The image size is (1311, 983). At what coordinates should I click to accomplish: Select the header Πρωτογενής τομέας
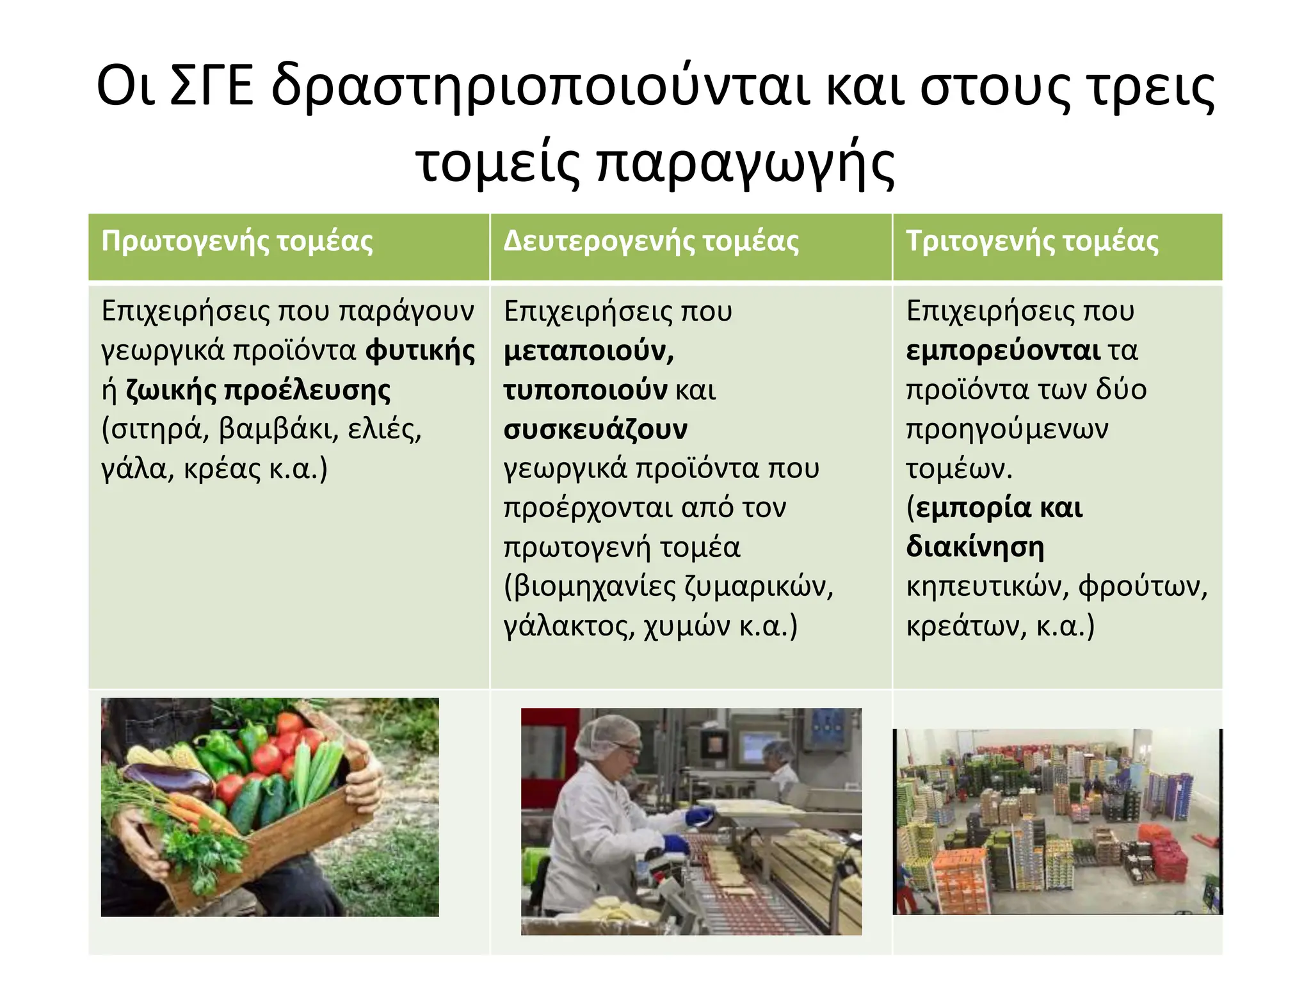point(237,242)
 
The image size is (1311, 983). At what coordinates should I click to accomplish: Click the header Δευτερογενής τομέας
point(651,242)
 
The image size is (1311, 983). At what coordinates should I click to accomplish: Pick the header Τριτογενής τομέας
point(1032,242)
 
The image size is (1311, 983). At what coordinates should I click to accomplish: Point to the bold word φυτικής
point(420,351)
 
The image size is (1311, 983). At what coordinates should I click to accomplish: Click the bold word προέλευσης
point(307,390)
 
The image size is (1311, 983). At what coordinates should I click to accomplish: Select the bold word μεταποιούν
point(588,351)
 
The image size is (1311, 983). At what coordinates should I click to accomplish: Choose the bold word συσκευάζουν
point(595,429)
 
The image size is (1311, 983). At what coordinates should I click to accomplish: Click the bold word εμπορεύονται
point(1002,351)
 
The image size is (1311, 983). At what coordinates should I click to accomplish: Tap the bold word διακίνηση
point(975,547)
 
